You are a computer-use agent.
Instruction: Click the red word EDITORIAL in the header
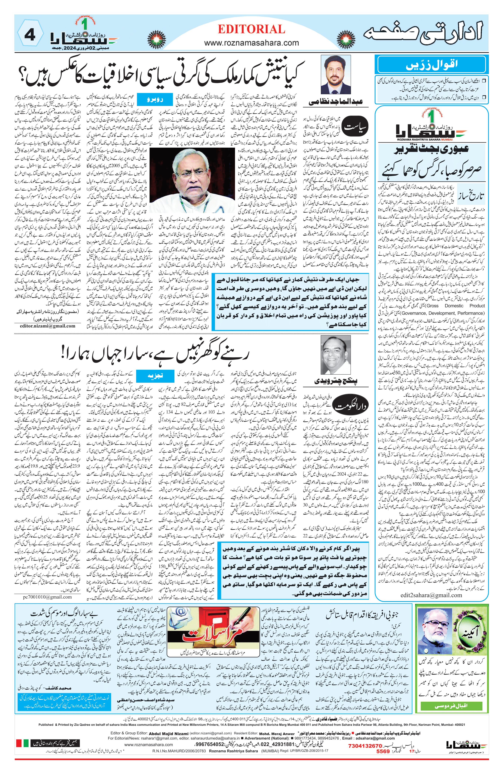tap(251, 29)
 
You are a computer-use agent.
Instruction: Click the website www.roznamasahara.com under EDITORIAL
tap(251, 43)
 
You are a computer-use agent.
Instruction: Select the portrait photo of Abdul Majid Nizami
tap(336, 75)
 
